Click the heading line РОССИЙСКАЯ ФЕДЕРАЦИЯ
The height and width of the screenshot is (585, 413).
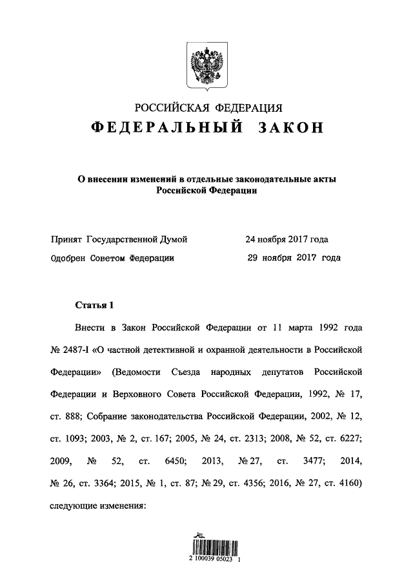tap(206, 107)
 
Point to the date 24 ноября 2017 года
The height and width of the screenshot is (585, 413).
tap(287, 239)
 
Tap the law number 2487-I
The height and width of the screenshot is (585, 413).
tap(78, 350)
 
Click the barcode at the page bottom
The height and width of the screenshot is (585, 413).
tap(206, 549)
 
